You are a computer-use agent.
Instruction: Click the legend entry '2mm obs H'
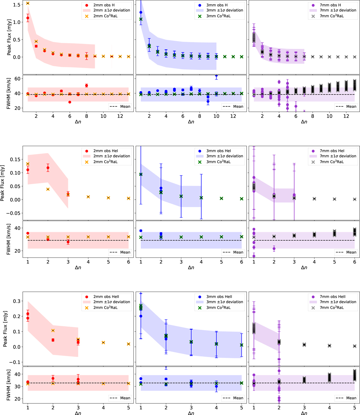coord(103,5)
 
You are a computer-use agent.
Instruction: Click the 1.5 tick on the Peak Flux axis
coord(17,5)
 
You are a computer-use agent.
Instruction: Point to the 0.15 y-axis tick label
coord(15,159)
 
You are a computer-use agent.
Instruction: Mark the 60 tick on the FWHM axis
coord(17,79)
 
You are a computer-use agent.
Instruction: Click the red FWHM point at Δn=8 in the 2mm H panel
coord(86,86)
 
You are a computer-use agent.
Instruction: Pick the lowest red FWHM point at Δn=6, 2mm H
coord(70,102)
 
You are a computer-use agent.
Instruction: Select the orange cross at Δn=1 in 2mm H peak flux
coord(28,3)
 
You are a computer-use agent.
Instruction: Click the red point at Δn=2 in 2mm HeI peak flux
coord(48,168)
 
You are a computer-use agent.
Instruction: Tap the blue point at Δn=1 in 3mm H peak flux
coord(141,12)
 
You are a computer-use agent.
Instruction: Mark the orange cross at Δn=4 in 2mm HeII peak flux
coord(103,342)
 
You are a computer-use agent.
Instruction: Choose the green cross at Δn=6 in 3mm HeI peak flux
coord(241,199)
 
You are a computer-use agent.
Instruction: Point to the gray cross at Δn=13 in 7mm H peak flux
coord(355,57)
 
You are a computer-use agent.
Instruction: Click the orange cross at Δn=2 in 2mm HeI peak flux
coord(48,189)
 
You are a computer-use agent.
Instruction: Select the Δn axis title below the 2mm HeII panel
coord(78,413)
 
